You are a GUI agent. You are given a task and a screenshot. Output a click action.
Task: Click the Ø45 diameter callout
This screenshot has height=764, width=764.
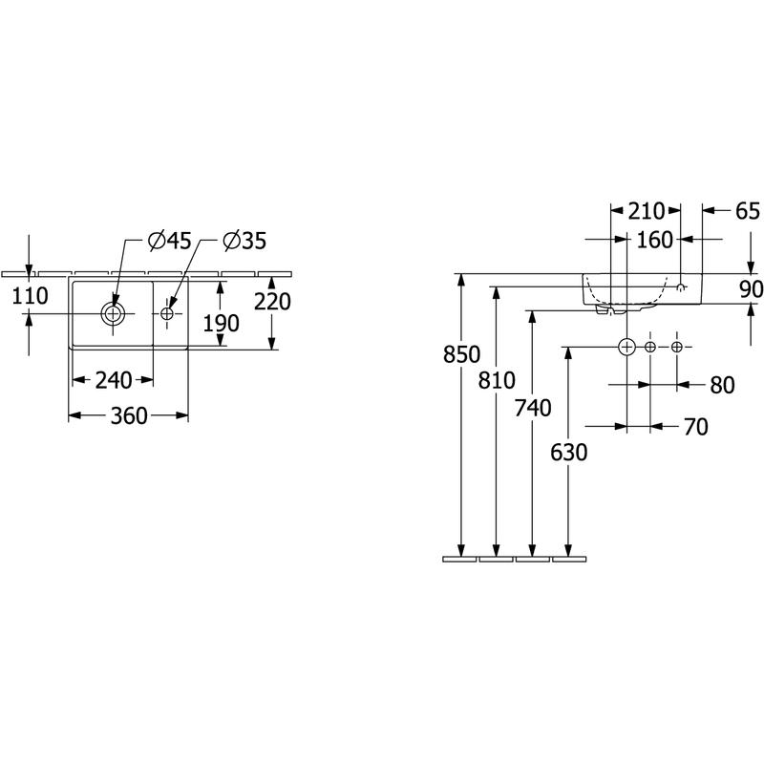[x=170, y=241]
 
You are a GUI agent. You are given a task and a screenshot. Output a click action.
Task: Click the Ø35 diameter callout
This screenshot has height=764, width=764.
[x=244, y=241]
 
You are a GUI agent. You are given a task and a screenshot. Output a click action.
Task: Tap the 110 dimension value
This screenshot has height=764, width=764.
[x=30, y=296]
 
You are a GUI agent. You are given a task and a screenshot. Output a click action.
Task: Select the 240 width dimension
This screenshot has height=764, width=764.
[x=114, y=380]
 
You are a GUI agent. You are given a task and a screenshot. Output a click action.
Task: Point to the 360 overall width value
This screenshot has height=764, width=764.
[x=129, y=415]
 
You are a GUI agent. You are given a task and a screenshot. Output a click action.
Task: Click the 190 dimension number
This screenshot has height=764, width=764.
[x=222, y=323]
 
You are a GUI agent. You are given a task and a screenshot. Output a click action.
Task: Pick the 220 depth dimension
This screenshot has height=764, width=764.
[x=272, y=302]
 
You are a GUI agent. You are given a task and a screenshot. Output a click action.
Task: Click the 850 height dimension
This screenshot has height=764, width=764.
[x=461, y=354]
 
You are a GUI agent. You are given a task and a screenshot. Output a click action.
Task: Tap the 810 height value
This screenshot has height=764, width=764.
[x=497, y=380]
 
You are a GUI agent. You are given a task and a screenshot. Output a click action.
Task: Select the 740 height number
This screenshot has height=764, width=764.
[x=533, y=408]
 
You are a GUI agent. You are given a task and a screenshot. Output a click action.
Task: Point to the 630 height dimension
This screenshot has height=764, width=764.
[x=568, y=452]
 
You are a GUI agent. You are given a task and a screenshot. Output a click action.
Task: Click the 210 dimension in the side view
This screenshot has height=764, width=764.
[x=647, y=211]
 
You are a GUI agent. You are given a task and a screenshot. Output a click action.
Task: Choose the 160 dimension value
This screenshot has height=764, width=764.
[x=655, y=240]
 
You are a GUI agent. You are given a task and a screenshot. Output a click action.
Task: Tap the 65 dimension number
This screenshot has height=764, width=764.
[x=748, y=211]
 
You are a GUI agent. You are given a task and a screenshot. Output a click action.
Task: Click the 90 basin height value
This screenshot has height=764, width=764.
[x=752, y=289]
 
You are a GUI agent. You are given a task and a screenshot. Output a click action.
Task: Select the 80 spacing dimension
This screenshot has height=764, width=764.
[x=722, y=385]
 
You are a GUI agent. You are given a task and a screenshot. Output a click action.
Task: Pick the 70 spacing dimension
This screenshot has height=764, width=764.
[x=696, y=427]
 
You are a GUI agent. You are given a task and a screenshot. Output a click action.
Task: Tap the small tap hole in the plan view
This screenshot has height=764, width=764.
[x=167, y=314]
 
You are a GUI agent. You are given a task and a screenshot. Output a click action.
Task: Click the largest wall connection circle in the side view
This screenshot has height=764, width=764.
[x=626, y=339]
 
